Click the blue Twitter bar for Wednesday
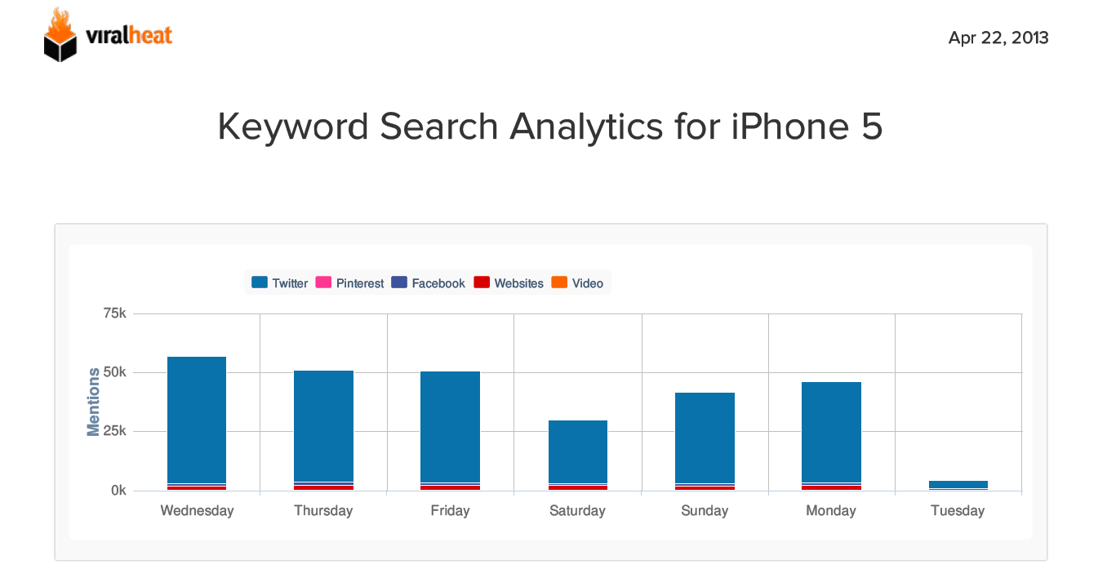point(197,420)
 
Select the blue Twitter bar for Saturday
point(578,451)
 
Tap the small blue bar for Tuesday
point(958,484)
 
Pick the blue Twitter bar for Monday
point(831,432)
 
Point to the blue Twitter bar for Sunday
point(705,438)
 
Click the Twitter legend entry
point(280,283)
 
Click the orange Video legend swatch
point(559,282)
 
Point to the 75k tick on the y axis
point(113,314)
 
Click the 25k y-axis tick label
point(113,432)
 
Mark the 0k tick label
point(118,491)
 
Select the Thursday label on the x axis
point(323,511)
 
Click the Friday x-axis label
point(450,511)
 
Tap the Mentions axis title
point(94,402)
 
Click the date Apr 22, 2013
point(998,38)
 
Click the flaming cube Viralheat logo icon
point(60,35)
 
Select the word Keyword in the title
point(296,127)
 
